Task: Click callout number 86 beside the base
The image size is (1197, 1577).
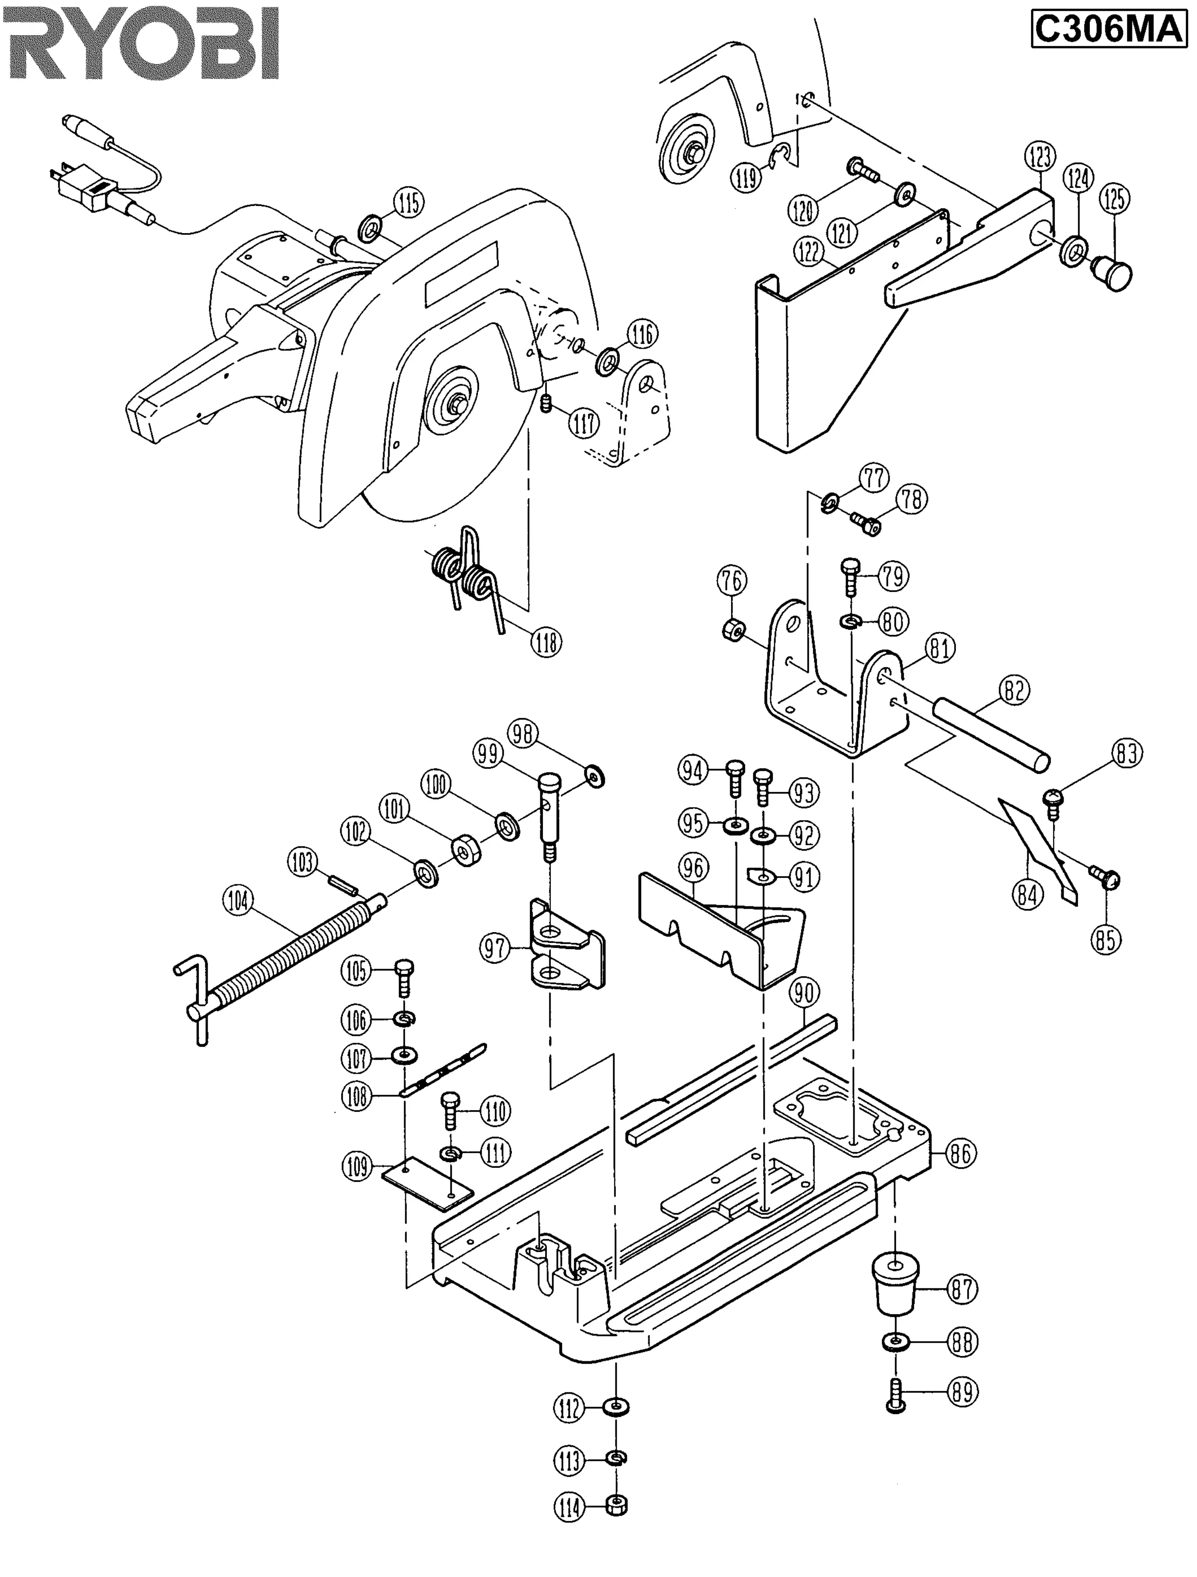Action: (960, 1152)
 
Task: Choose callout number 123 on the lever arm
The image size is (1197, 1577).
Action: (1040, 157)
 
